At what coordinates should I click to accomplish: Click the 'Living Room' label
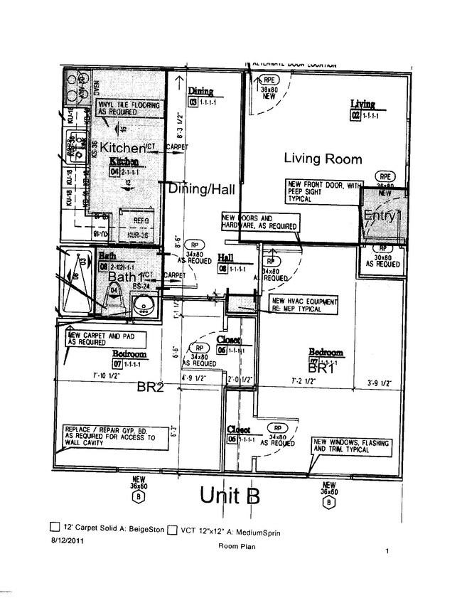pos(323,159)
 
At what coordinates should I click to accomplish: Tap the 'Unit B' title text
pos(230,495)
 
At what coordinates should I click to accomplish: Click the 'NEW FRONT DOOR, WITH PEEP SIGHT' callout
pos(319,192)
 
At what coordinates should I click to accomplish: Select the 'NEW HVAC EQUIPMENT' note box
pos(303,306)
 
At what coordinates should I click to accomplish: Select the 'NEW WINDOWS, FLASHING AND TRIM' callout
pos(352,447)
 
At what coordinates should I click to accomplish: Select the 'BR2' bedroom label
pos(152,388)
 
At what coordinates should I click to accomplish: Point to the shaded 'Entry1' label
pos(382,215)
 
